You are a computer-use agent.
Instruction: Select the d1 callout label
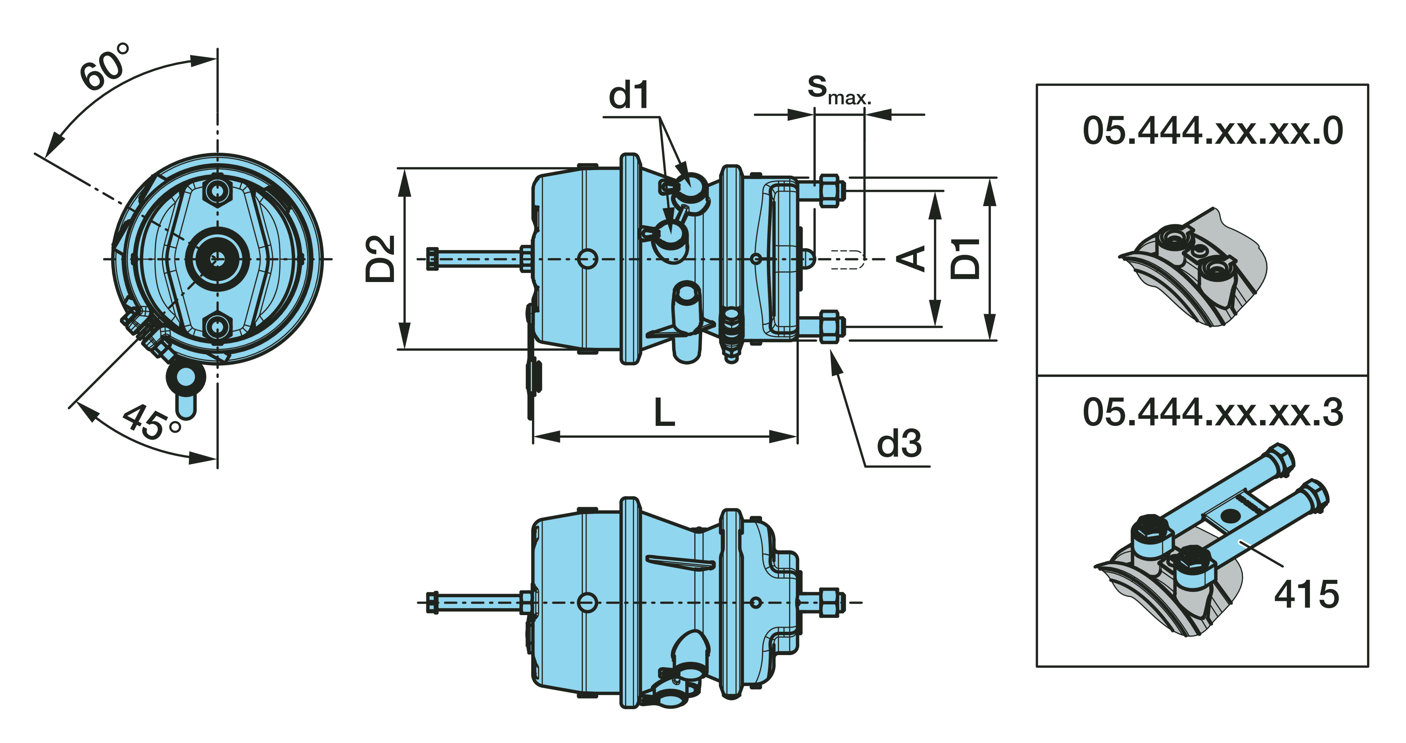[629, 96]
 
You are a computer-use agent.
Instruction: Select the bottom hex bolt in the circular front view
[218, 326]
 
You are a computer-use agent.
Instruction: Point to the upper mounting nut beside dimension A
[829, 191]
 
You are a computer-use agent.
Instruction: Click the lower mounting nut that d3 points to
[829, 326]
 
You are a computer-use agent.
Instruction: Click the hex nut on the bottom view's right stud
[829, 603]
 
